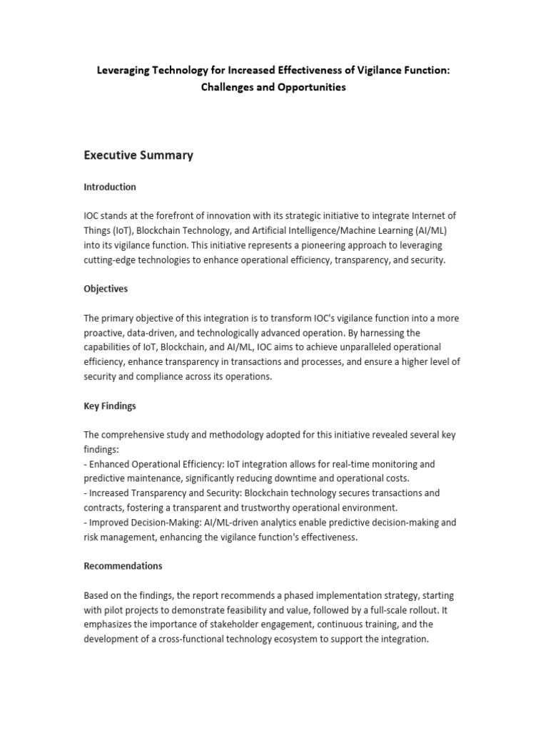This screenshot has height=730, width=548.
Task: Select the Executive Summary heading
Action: tap(138, 155)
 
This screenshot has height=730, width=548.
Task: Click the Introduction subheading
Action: tap(110, 187)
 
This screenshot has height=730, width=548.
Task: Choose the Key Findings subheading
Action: tap(110, 406)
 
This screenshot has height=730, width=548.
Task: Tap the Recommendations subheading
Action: tap(123, 566)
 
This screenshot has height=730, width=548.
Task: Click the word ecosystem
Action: tap(300, 639)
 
